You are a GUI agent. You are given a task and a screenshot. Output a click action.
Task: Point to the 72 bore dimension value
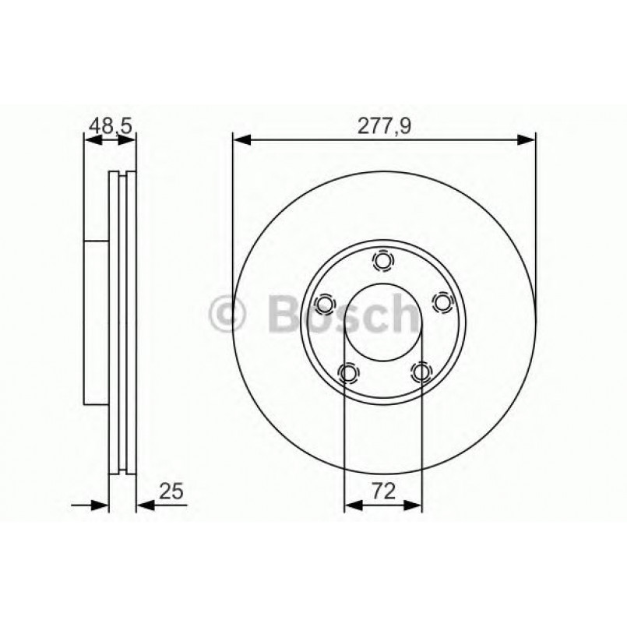(383, 491)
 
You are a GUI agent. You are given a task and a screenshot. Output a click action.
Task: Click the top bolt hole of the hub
(383, 260)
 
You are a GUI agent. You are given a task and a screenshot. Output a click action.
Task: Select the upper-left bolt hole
(325, 302)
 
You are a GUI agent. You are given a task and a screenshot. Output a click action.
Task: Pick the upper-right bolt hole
(442, 302)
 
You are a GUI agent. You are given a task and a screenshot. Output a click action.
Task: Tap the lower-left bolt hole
(347, 373)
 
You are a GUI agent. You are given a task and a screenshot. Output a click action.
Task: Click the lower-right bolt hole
(421, 373)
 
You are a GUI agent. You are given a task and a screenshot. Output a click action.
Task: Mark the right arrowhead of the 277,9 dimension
(527, 140)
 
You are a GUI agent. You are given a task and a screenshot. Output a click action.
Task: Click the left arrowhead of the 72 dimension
(353, 505)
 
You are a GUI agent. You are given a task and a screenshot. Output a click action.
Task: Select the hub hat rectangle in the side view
(96, 321)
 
